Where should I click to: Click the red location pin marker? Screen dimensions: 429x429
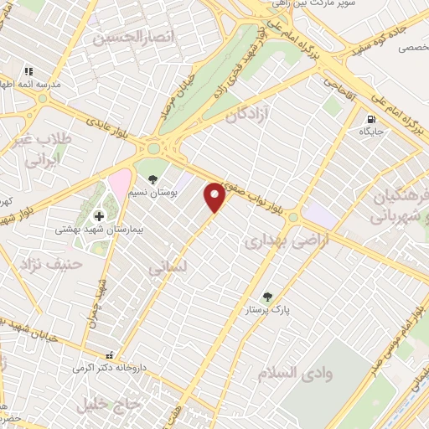(x=215, y=197)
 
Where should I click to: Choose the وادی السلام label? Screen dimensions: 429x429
(x=296, y=373)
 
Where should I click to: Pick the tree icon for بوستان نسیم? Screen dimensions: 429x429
(x=152, y=178)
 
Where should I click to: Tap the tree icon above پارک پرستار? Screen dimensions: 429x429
(x=266, y=296)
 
